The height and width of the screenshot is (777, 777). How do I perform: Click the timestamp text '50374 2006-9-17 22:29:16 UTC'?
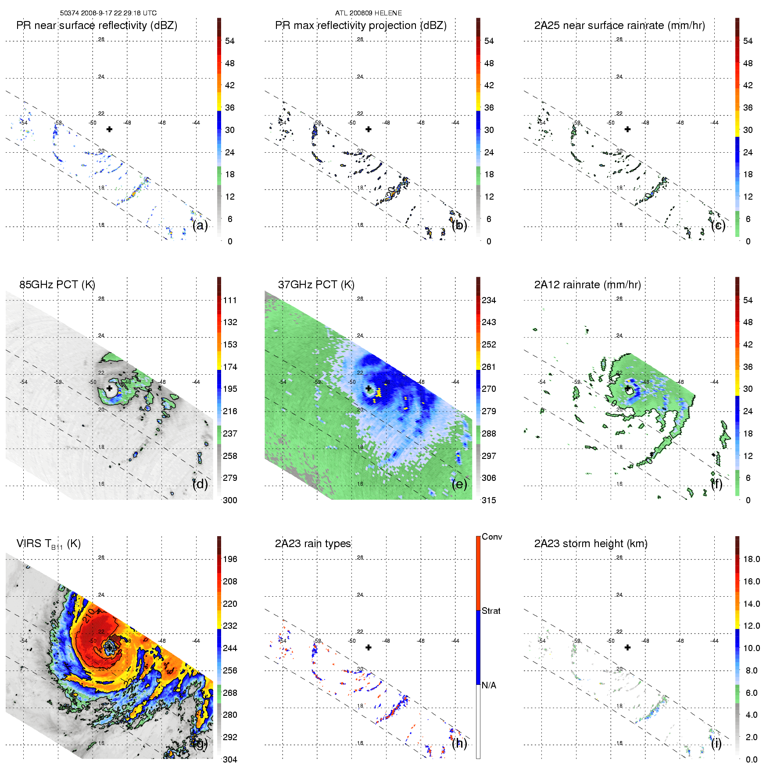pyautogui.click(x=108, y=13)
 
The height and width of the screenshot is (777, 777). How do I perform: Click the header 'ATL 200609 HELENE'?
pyautogui.click(x=368, y=13)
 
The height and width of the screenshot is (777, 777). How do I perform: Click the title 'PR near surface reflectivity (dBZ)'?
pyautogui.click(x=97, y=25)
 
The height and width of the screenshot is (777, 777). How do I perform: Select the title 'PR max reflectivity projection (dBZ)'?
pyautogui.click(x=361, y=25)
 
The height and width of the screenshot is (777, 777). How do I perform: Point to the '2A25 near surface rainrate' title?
pyautogui.click(x=619, y=25)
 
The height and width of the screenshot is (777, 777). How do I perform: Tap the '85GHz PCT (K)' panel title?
pyautogui.click(x=57, y=285)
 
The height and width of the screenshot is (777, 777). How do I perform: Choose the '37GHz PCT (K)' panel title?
pyautogui.click(x=316, y=285)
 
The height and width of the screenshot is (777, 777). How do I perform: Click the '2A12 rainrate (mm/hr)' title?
pyautogui.click(x=587, y=285)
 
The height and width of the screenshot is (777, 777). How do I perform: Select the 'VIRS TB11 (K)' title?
pyautogui.click(x=48, y=544)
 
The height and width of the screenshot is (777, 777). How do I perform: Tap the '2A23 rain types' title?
pyautogui.click(x=313, y=544)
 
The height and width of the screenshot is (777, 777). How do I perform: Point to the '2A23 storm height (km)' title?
pyautogui.click(x=591, y=544)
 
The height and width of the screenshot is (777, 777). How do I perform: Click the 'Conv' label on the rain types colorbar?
pyautogui.click(x=492, y=537)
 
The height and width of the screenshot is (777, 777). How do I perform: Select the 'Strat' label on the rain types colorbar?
pyautogui.click(x=491, y=611)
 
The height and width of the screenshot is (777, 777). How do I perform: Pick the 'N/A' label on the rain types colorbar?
pyautogui.click(x=489, y=685)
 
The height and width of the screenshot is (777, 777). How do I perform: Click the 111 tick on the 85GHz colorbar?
pyautogui.click(x=230, y=300)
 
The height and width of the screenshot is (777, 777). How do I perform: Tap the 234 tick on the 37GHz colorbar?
pyautogui.click(x=489, y=300)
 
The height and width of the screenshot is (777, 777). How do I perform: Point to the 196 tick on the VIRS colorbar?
pyautogui.click(x=230, y=559)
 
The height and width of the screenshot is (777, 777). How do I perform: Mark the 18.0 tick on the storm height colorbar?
pyautogui.click(x=752, y=559)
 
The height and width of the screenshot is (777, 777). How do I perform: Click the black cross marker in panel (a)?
pyautogui.click(x=109, y=129)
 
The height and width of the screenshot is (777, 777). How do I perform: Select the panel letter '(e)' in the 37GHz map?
pyautogui.click(x=459, y=484)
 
